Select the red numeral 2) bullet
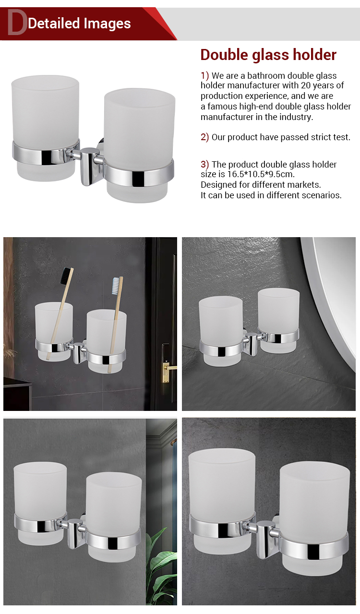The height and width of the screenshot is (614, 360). point(204,137)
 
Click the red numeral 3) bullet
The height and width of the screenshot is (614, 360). point(204,164)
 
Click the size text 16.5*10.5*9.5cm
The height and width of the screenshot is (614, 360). point(261,174)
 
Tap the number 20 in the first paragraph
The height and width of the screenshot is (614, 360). point(306,85)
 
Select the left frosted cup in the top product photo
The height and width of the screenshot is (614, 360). point(45,128)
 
